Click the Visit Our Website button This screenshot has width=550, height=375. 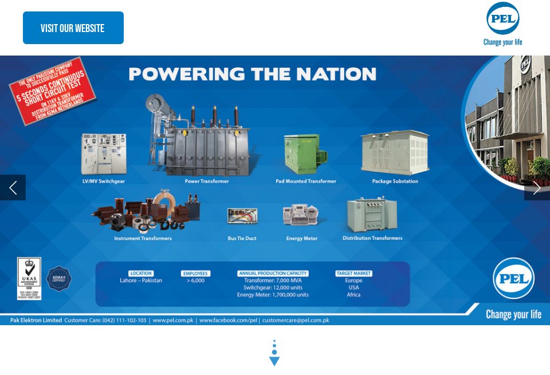73,28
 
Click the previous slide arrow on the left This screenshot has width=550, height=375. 13,187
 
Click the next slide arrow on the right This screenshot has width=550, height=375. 537,187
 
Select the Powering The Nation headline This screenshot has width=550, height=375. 252,74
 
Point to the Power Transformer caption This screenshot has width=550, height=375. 206,181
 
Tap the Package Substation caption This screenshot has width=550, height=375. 395,181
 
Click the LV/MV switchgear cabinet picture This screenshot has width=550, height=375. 104,153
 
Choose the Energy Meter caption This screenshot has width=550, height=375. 302,238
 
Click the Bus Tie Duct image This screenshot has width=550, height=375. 242,215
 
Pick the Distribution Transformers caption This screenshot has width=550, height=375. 372,238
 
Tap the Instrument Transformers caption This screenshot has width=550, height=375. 143,238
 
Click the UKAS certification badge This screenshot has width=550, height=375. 29,278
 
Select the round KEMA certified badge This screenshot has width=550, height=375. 59,279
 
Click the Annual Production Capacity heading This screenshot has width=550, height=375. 273,273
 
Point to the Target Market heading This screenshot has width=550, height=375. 354,273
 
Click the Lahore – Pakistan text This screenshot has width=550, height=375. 141,281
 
